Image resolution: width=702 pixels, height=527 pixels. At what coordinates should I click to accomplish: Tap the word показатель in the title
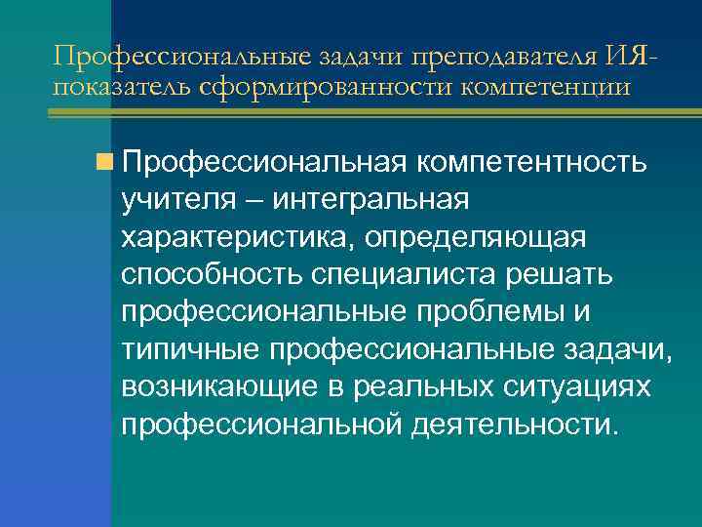pyautogui.click(x=109, y=87)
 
